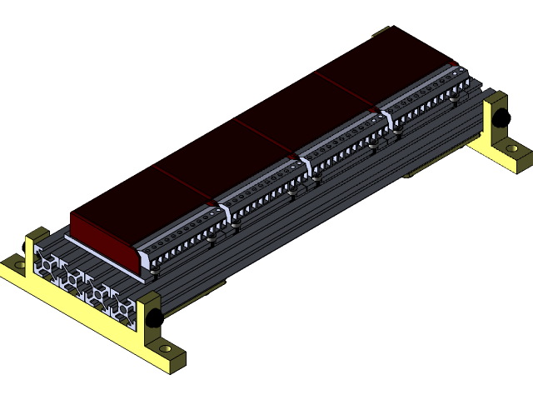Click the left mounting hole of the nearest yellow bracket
click(x=19, y=265)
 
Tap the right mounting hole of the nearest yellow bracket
click(x=165, y=348)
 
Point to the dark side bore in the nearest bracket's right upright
click(x=155, y=317)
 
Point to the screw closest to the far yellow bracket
click(x=454, y=96)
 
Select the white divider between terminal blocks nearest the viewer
click(x=224, y=212)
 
